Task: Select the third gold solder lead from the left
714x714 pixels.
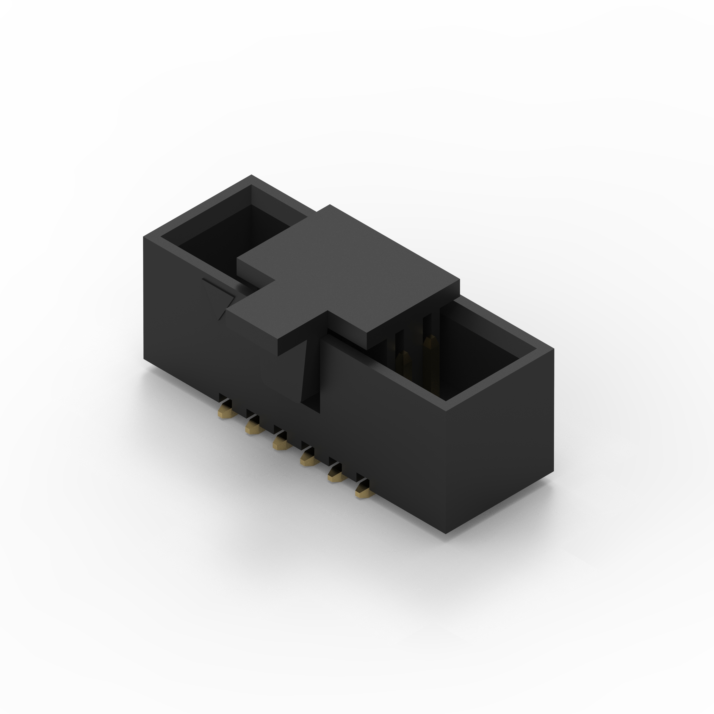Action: click(x=280, y=444)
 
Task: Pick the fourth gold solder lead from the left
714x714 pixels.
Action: click(x=308, y=459)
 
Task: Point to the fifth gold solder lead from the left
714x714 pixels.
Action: click(x=336, y=475)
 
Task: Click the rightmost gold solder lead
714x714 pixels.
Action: click(x=363, y=491)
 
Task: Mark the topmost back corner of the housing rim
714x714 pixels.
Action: click(x=251, y=175)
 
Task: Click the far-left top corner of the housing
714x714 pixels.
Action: click(x=144, y=237)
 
